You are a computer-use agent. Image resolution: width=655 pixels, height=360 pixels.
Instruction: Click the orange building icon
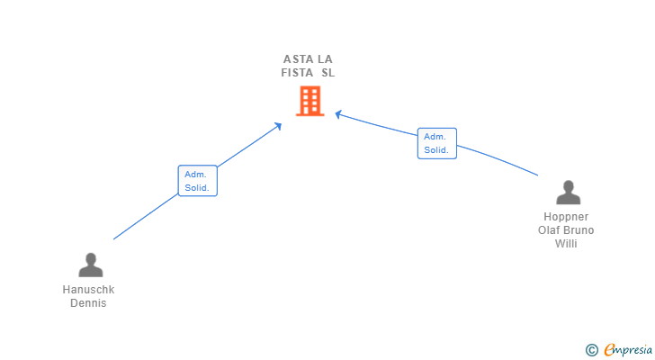(310, 101)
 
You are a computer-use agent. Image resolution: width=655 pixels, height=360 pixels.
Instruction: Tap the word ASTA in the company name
(298, 59)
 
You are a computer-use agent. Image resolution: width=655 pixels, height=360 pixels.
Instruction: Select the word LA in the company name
(325, 59)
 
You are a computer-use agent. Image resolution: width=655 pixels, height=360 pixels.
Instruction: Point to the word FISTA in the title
(297, 73)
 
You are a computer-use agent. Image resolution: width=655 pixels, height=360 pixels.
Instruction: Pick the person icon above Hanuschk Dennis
(90, 265)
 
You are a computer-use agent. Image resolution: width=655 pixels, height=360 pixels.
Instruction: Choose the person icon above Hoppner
(568, 193)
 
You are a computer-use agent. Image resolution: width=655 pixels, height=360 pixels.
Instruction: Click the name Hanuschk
(88, 290)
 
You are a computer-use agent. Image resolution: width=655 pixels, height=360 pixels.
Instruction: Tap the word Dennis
(88, 303)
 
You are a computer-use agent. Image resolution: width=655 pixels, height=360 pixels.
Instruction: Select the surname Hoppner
(566, 217)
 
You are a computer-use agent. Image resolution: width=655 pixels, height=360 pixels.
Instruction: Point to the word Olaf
(549, 229)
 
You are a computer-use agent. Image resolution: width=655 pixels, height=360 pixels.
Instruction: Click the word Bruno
(579, 229)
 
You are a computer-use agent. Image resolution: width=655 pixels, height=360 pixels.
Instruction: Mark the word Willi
(566, 243)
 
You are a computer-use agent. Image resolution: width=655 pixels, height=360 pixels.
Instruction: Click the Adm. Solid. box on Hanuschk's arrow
(197, 181)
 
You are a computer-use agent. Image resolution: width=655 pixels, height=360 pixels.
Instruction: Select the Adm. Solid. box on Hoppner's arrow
(436, 143)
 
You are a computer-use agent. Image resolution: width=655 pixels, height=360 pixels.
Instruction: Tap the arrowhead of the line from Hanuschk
(279, 125)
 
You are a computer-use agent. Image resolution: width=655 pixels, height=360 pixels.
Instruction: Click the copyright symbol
(591, 350)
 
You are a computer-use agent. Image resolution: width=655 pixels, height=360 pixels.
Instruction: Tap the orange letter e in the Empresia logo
(609, 350)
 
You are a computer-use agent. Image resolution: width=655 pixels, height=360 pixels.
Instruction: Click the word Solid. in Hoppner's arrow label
(436, 150)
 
